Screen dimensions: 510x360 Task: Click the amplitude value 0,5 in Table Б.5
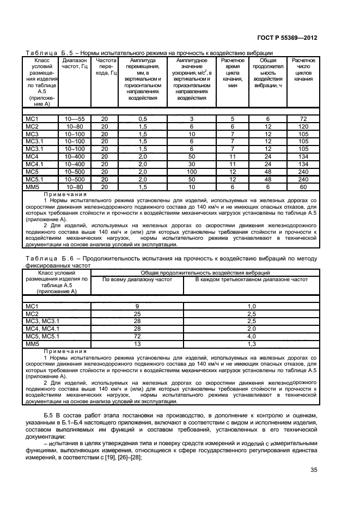(x=143, y=118)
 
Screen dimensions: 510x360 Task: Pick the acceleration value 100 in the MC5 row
(x=191, y=172)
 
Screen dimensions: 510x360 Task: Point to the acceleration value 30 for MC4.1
(x=191, y=164)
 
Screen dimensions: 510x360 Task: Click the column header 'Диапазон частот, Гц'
(x=75, y=64)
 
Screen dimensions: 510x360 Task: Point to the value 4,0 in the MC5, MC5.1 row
(x=252, y=337)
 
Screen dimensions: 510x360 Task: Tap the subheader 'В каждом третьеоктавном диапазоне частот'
(x=252, y=279)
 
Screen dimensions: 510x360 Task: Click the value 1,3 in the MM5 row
(x=252, y=344)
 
